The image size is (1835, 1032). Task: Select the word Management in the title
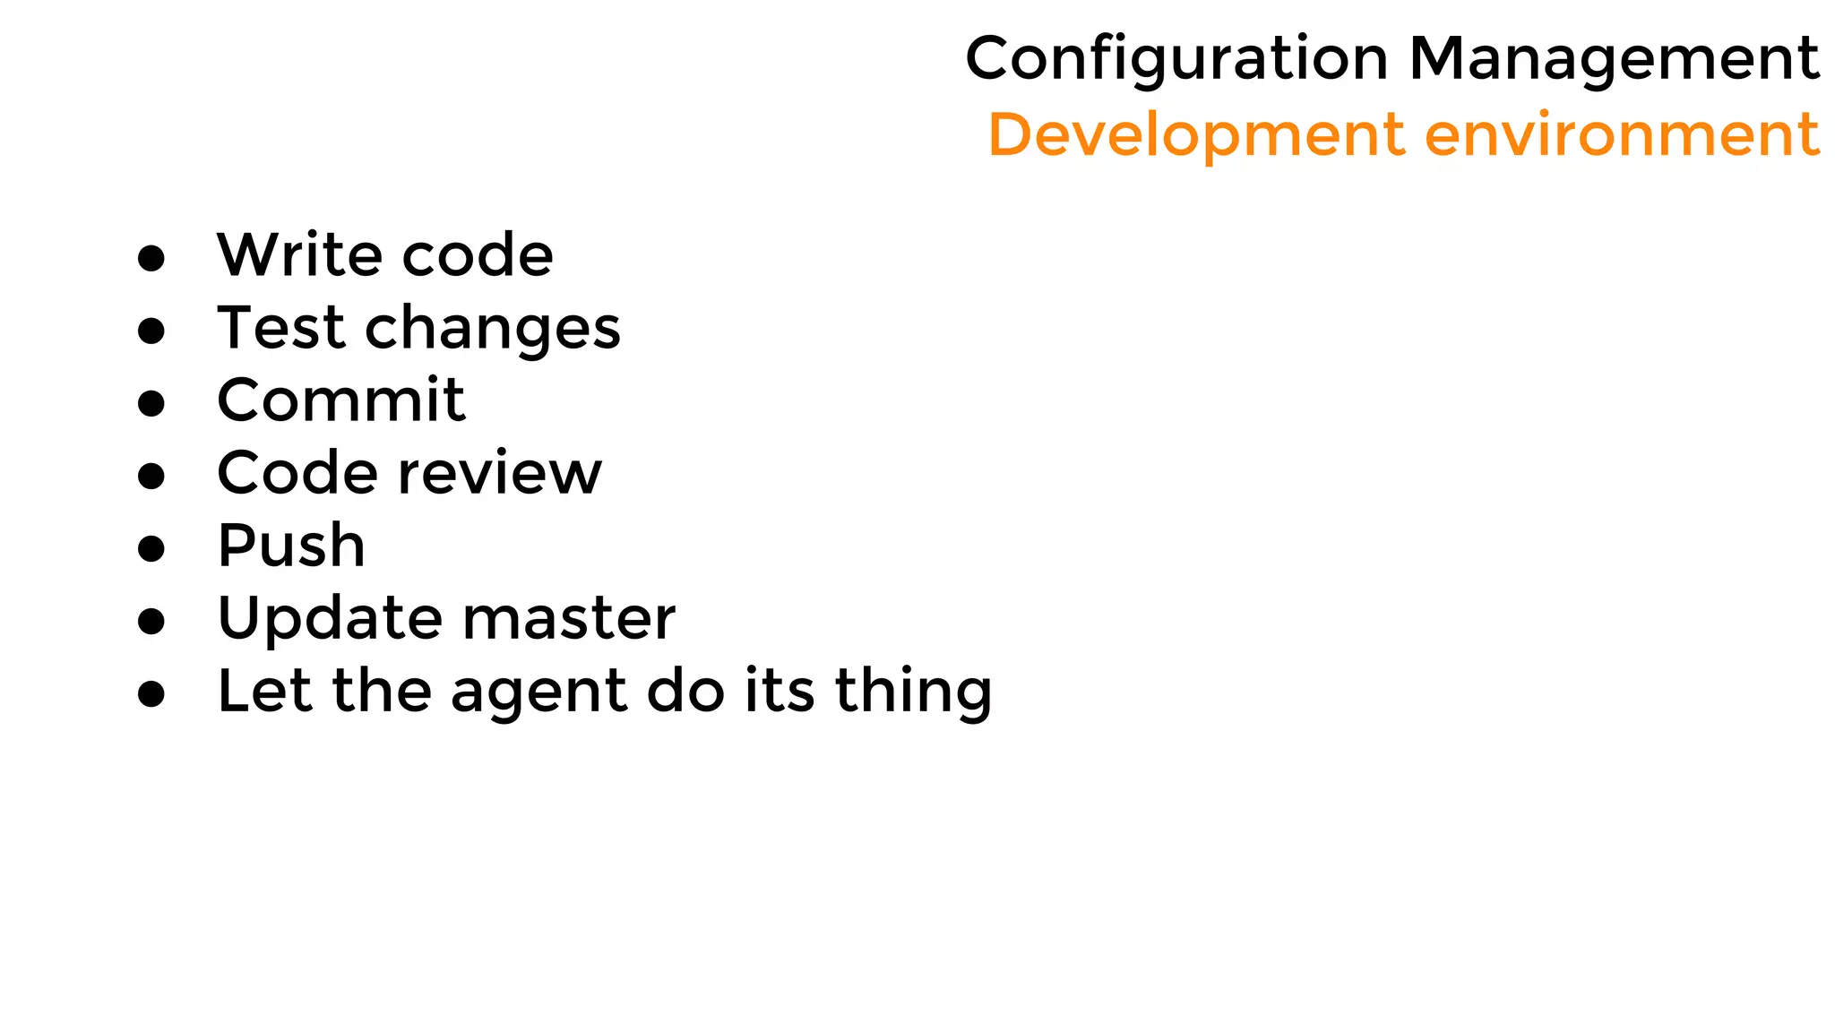point(1614,59)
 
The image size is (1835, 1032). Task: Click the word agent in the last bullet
point(538,692)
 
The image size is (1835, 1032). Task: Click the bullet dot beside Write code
point(151,258)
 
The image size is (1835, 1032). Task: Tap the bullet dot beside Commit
point(151,403)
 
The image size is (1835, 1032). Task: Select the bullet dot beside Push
point(151,548)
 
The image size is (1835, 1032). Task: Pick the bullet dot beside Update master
point(151,621)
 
